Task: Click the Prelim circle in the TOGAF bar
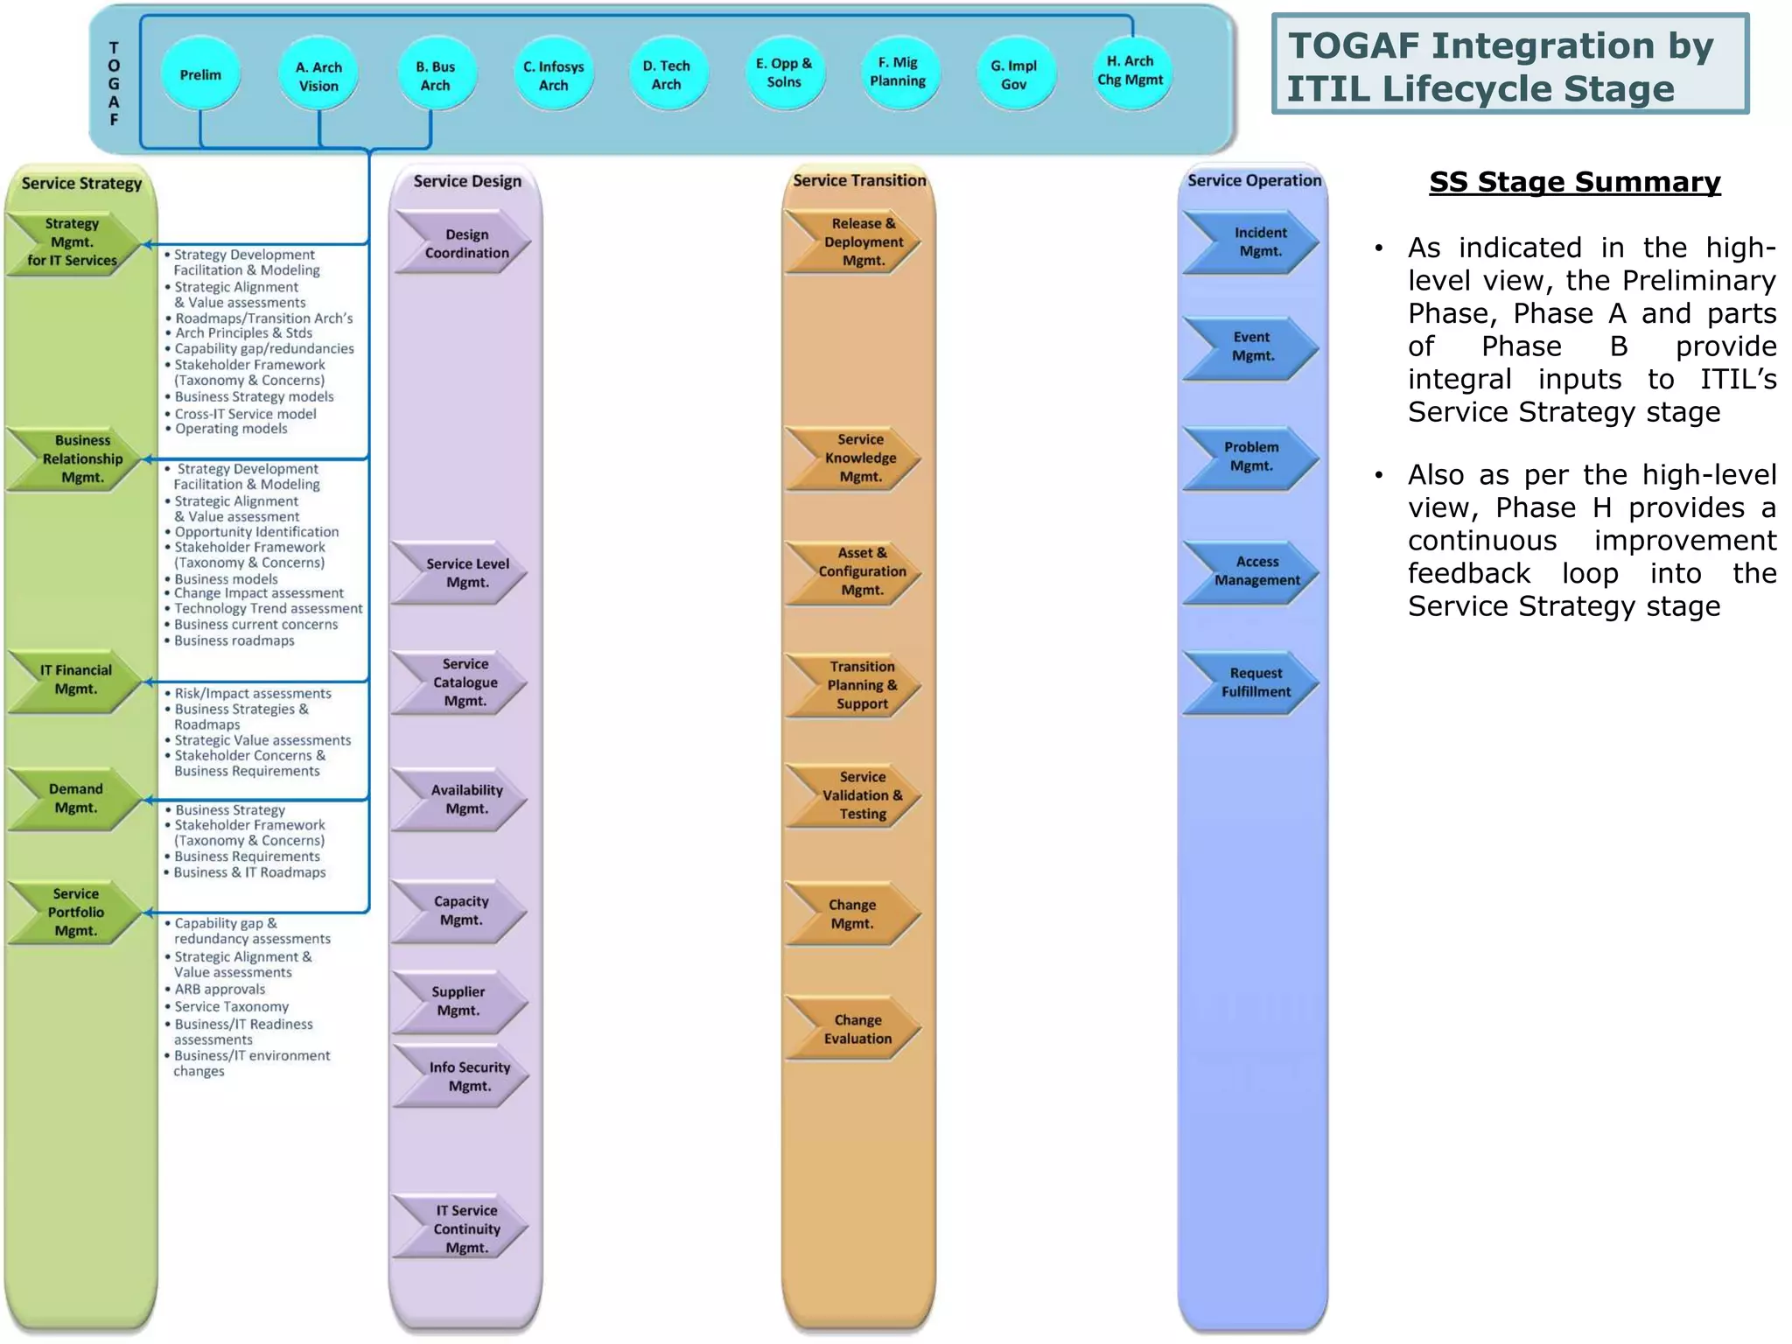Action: pyautogui.click(x=200, y=74)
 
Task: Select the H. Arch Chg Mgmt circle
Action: pyautogui.click(x=1130, y=71)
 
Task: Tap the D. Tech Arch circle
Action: pyautogui.click(x=667, y=75)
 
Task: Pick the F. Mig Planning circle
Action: pyautogui.click(x=898, y=72)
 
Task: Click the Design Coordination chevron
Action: pyautogui.click(x=464, y=243)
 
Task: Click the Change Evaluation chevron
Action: pyautogui.click(x=854, y=1029)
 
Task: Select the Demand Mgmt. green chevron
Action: pyautogui.click(x=74, y=798)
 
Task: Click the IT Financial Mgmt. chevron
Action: pyautogui.click(x=74, y=680)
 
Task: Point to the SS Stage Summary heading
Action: pyautogui.click(x=1574, y=182)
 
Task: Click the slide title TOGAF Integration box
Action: pyautogui.click(x=1509, y=66)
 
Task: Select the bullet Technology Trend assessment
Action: pyautogui.click(x=267, y=608)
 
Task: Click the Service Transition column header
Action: pyautogui.click(x=859, y=180)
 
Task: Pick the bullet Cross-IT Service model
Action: pyautogui.click(x=245, y=414)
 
